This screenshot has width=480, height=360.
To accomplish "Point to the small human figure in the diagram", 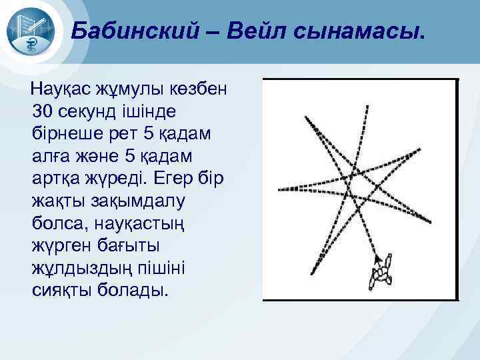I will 381,276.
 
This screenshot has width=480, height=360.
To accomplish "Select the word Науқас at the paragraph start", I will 67,87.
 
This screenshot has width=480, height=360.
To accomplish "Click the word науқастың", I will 133,223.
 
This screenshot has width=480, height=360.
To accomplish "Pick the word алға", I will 53,155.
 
